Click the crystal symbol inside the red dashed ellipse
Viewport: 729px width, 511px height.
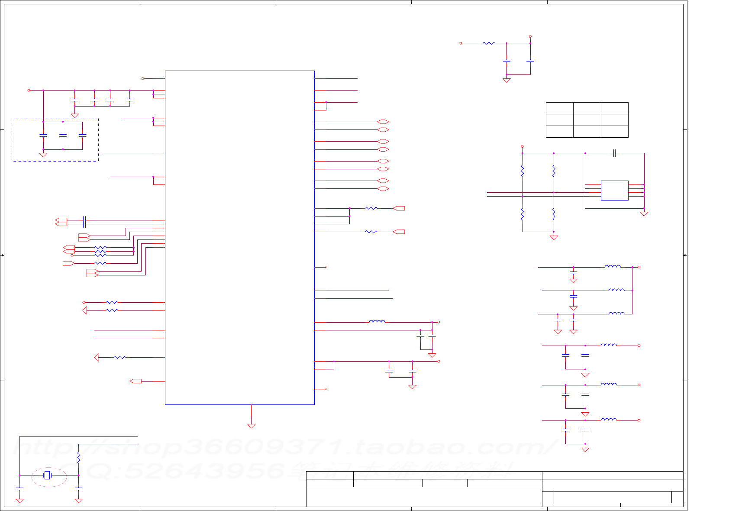[47, 475]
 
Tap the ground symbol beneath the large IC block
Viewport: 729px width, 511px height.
[251, 426]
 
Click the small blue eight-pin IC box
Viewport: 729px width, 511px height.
[614, 191]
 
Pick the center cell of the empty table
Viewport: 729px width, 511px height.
[587, 120]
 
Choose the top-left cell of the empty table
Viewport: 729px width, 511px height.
[559, 108]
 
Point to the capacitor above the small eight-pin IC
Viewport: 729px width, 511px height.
[614, 153]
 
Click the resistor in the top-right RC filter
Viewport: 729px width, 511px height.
[489, 43]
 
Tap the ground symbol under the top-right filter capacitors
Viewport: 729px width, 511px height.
[506, 80]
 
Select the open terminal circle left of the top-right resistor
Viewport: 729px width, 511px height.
[461, 43]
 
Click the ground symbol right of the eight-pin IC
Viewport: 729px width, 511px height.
[644, 214]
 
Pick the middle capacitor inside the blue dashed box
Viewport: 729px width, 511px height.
[63, 136]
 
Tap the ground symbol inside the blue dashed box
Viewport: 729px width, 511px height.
[43, 155]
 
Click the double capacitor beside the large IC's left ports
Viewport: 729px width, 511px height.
[84, 222]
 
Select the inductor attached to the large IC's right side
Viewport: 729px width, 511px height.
[377, 322]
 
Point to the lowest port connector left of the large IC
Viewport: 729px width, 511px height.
[136, 381]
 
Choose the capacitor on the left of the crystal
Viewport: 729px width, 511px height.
[19, 488]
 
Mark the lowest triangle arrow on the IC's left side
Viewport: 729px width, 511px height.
[97, 357]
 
